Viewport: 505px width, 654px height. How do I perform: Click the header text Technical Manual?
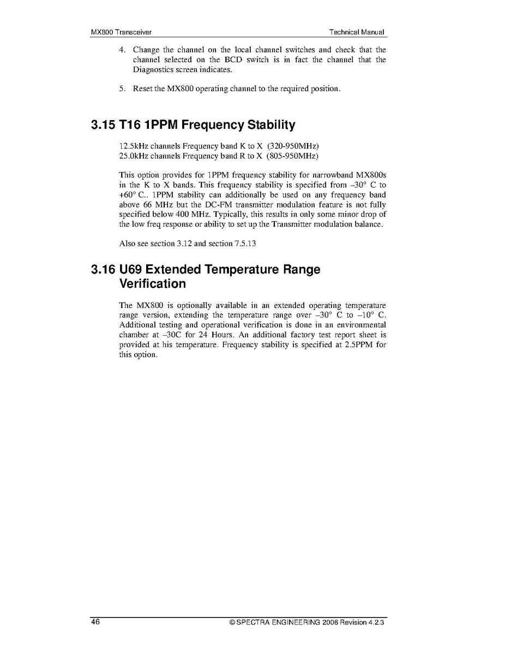(x=357, y=32)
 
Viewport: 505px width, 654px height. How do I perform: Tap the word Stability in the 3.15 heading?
(x=271, y=125)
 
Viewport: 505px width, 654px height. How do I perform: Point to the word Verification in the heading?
(x=152, y=284)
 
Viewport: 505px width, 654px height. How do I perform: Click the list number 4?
(x=122, y=50)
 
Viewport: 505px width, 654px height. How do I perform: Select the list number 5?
(x=122, y=89)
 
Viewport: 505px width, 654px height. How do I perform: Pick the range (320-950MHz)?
(x=293, y=146)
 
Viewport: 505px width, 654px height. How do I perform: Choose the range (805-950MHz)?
(x=293, y=156)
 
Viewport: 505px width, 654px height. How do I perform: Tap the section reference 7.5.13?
(x=245, y=243)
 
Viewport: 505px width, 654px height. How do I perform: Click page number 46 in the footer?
(x=95, y=622)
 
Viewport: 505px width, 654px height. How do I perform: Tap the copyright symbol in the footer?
(x=232, y=622)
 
